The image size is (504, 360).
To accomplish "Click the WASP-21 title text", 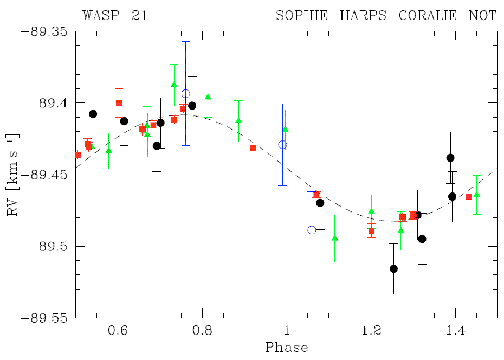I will pyautogui.click(x=115, y=15).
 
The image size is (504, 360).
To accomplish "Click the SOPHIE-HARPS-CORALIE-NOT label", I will pyautogui.click(x=386, y=15).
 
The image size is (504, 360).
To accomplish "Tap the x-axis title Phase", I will pyautogui.click(x=286, y=348).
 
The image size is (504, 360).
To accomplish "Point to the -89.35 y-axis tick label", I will pyautogui.click(x=44, y=31).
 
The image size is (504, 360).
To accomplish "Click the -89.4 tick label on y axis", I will pyautogui.click(x=48, y=103).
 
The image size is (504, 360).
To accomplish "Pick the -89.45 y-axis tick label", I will pyautogui.click(x=44, y=175).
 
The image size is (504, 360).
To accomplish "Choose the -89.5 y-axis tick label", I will pyautogui.click(x=48, y=246).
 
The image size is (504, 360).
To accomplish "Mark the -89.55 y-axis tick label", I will pyautogui.click(x=44, y=318).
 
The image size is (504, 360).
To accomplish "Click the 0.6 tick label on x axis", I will pyautogui.click(x=118, y=330).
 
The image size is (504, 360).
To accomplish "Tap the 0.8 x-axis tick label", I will pyautogui.click(x=202, y=330).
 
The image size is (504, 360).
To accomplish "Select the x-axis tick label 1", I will pyautogui.click(x=286, y=330).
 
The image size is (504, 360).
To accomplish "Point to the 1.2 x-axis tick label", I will pyautogui.click(x=371, y=330).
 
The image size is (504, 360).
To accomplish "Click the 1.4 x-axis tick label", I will pyautogui.click(x=455, y=330).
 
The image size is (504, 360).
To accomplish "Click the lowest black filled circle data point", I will pyautogui.click(x=394, y=268).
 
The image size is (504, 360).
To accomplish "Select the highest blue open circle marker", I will pyautogui.click(x=186, y=94).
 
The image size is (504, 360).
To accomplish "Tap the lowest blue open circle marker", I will pyautogui.click(x=312, y=230).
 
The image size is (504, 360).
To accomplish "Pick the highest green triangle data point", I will pyautogui.click(x=174, y=84).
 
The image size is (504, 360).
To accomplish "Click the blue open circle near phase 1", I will pyautogui.click(x=282, y=145).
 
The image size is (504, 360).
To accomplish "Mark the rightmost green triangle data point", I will pyautogui.click(x=477, y=194).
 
